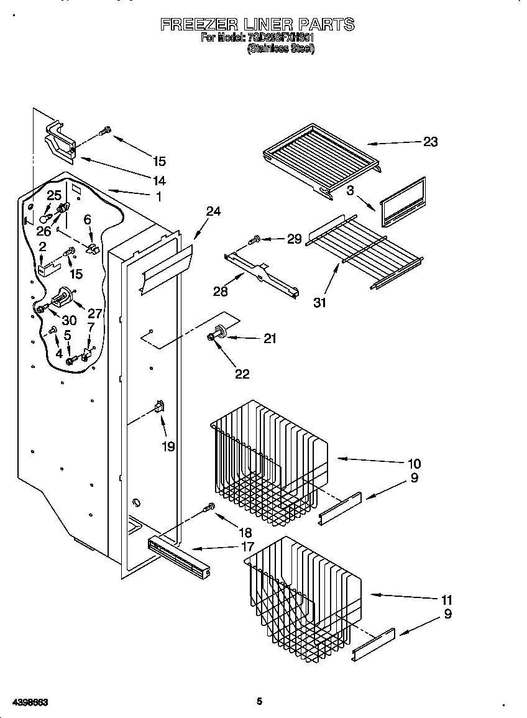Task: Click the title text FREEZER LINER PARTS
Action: click(257, 25)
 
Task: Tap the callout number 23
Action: click(430, 142)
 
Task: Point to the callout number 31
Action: click(320, 303)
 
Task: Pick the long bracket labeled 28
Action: click(262, 272)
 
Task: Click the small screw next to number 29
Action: click(255, 239)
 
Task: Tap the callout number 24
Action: click(213, 211)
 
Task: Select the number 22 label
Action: click(242, 374)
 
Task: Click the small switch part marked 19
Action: click(159, 408)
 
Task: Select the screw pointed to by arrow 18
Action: click(210, 509)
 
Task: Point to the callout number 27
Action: click(95, 313)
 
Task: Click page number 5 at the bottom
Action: click(260, 702)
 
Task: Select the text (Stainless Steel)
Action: click(281, 48)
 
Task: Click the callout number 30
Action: click(69, 321)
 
